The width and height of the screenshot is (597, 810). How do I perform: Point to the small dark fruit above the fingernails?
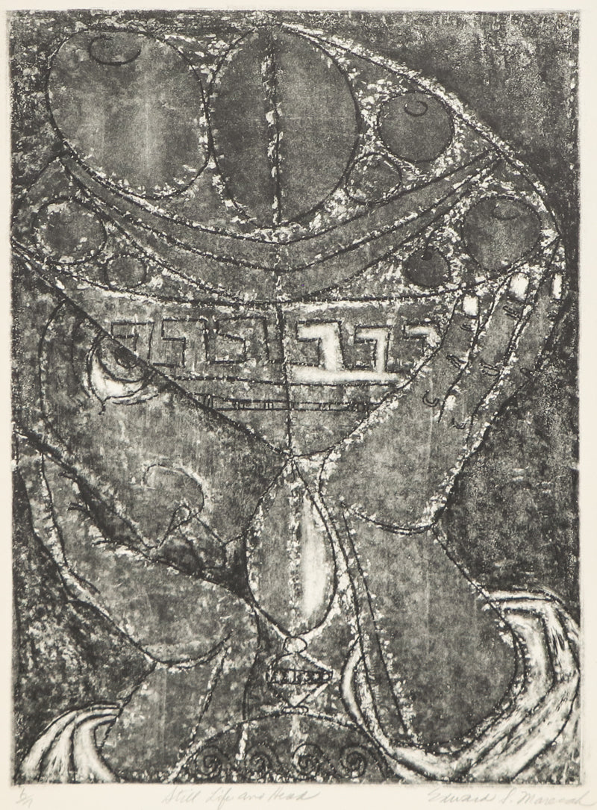click(x=426, y=266)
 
